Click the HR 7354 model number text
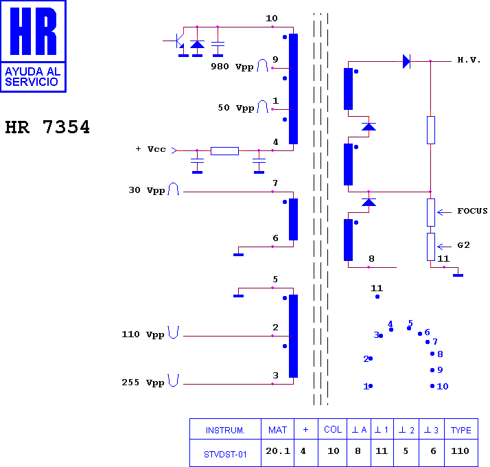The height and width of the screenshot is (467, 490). coord(47,127)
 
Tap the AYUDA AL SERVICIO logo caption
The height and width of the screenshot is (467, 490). coord(32,77)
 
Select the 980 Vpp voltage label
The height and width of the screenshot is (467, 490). coord(232,67)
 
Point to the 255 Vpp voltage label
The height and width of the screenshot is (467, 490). coord(143,383)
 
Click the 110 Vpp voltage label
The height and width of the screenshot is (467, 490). coord(143,334)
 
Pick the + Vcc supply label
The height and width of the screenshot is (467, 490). coord(150,149)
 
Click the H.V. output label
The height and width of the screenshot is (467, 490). coord(469,60)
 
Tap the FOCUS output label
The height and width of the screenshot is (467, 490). coord(472,211)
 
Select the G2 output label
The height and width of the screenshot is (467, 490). coord(463,245)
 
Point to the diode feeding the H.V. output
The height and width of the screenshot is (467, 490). coord(406,61)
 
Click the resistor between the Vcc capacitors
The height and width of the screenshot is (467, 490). coord(224,151)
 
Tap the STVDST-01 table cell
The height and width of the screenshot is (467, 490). coord(225,454)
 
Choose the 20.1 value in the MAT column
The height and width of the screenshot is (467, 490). coord(278,451)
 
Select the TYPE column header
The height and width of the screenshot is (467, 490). coord(461,430)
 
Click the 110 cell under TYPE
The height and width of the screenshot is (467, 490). coord(460,451)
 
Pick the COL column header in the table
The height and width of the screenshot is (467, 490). coord(333,429)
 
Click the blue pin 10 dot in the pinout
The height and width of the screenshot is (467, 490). coord(432,386)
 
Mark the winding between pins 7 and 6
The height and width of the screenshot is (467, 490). coord(293,219)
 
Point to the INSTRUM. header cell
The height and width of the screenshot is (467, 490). coord(225,431)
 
